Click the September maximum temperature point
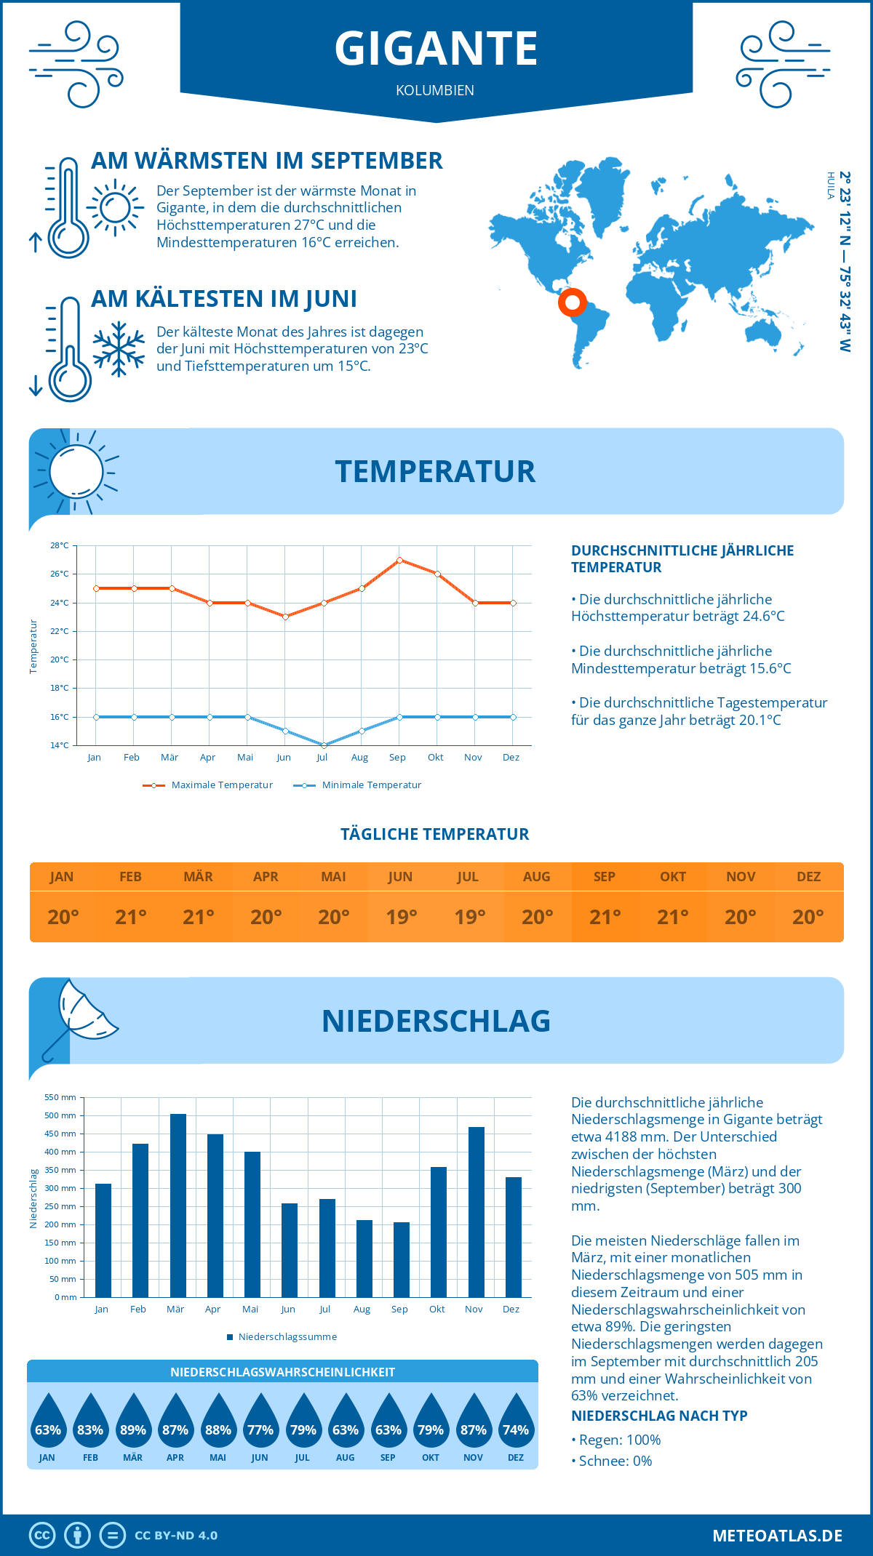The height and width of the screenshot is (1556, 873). [399, 560]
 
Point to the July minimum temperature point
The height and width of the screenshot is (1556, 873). [324, 745]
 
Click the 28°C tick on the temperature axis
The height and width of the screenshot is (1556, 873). [60, 545]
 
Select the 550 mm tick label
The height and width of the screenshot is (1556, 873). [60, 1097]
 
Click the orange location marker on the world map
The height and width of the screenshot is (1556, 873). [573, 302]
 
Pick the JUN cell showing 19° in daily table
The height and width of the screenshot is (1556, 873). [401, 917]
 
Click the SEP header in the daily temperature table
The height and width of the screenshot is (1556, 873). [605, 877]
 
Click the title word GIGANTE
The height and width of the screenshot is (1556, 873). [436, 49]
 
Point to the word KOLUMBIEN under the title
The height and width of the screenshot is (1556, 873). [435, 90]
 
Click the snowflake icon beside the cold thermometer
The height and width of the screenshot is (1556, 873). [119, 349]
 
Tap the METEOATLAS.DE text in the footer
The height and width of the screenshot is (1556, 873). [777, 1536]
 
